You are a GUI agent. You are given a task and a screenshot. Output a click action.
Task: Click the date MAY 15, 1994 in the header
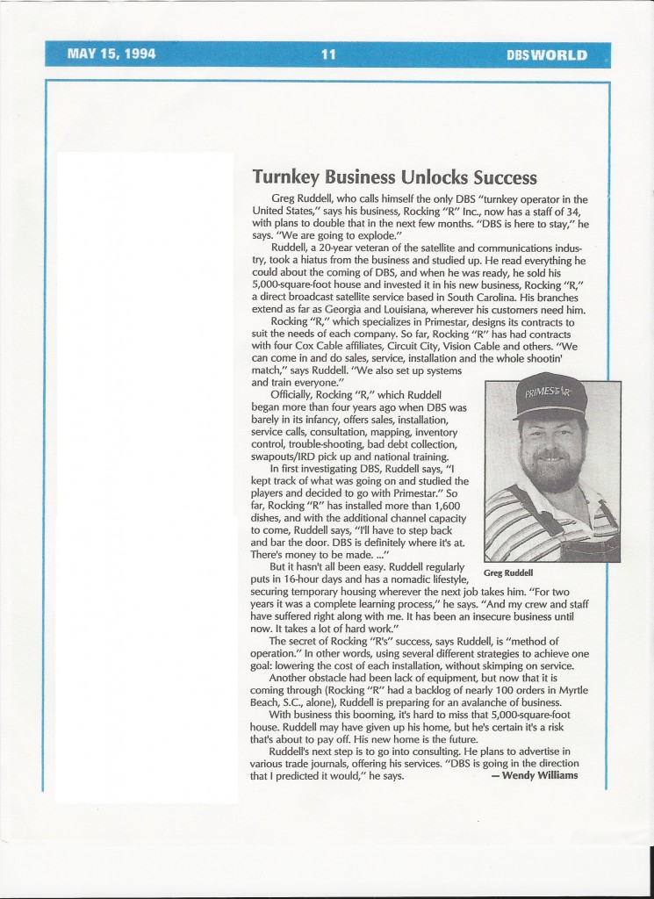[x=111, y=54]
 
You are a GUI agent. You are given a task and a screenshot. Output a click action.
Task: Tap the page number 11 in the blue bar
[x=328, y=54]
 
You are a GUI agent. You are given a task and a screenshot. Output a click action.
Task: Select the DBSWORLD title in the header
[x=546, y=55]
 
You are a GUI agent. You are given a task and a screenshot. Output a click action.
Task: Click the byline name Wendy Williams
[x=541, y=775]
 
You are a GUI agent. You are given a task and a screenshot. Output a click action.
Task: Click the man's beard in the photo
[x=550, y=471]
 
